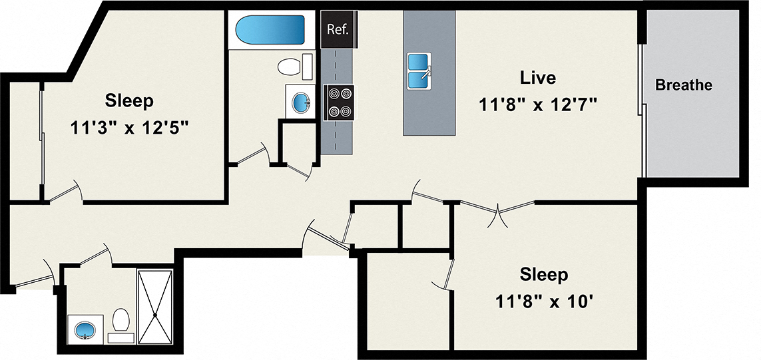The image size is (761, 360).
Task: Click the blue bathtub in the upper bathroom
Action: point(270,30)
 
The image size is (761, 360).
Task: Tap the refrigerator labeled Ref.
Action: point(338,29)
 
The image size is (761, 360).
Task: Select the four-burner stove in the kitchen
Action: point(339,103)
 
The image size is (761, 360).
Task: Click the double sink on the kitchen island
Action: point(419,71)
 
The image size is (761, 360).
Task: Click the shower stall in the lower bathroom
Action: point(154,305)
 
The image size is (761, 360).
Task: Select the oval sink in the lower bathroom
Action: point(85,329)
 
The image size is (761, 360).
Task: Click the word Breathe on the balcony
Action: point(683,85)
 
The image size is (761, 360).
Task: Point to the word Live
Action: point(537,78)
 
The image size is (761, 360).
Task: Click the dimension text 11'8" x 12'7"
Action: point(537,104)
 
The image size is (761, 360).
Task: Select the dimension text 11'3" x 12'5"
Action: point(130,126)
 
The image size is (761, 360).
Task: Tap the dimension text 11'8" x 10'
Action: point(544,300)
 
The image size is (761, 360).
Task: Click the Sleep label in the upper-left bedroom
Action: point(129,101)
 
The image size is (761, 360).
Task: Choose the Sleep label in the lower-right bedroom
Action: point(544,274)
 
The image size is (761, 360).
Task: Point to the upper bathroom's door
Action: point(252,156)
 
